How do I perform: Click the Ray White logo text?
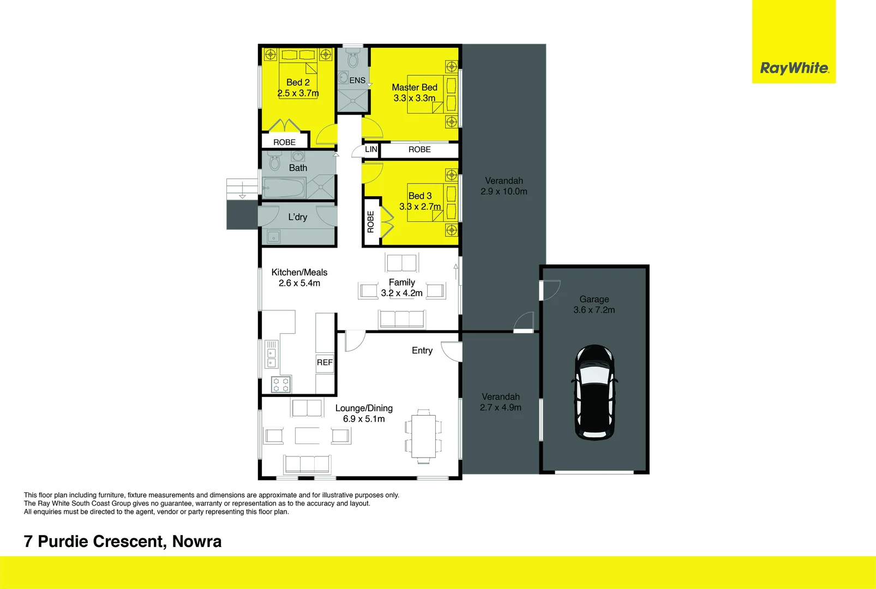tap(794, 68)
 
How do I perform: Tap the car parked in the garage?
tap(595, 393)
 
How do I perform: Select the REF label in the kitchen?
tap(325, 362)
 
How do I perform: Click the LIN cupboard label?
tap(371, 149)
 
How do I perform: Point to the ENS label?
tap(357, 80)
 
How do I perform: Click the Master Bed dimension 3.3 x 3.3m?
tap(415, 98)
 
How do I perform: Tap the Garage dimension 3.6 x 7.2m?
tap(594, 310)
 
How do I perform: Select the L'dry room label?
tap(298, 217)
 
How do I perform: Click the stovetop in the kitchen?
tap(281, 384)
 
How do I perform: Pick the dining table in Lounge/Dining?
tap(423, 436)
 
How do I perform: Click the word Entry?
tap(422, 351)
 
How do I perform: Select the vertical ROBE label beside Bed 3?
tap(371, 221)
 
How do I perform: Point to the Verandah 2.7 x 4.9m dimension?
tap(501, 407)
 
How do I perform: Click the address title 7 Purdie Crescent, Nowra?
tap(123, 542)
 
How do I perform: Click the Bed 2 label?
tap(298, 82)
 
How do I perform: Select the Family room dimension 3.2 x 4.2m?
tap(402, 293)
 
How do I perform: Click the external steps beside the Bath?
tap(242, 189)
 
